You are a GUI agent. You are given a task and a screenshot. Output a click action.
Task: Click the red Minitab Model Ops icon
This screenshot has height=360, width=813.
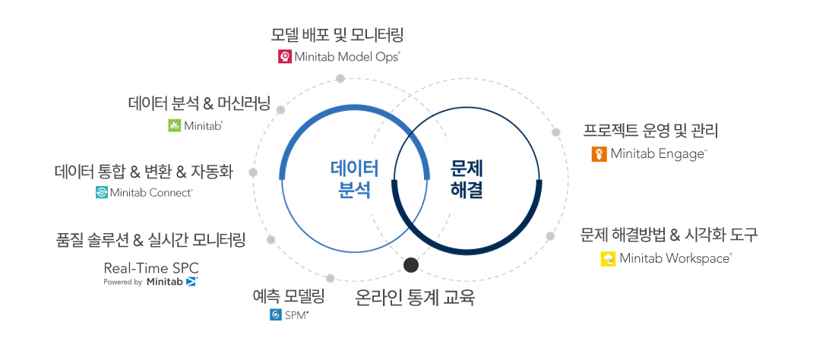tap(285, 56)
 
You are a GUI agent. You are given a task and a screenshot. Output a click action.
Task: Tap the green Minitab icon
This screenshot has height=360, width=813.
tap(174, 125)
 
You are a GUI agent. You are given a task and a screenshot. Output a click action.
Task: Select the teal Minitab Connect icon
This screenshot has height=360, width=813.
tap(102, 193)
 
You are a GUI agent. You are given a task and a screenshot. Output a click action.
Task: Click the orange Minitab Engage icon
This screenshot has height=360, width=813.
tap(599, 154)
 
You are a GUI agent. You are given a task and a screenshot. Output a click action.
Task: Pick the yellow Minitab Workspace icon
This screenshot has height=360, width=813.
tap(608, 259)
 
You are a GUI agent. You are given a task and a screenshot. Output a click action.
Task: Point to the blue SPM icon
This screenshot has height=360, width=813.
tap(276, 314)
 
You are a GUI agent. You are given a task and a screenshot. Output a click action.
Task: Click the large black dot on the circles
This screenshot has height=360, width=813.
tap(411, 265)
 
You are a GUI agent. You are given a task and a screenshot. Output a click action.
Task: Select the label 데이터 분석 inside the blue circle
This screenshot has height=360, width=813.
tap(355, 179)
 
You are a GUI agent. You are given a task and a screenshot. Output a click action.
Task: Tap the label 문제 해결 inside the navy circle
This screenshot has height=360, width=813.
tap(467, 179)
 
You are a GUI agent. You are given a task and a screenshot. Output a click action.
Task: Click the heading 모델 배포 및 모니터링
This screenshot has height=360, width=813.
tap(337, 34)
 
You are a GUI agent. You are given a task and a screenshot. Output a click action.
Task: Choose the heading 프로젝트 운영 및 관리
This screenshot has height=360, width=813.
tap(650, 130)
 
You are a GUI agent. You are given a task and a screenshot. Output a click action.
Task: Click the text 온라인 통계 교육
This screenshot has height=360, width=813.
tap(415, 297)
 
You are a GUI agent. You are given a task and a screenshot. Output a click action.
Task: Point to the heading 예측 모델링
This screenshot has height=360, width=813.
tap(289, 295)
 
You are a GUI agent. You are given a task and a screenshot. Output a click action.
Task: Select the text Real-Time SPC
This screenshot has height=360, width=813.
tap(151, 268)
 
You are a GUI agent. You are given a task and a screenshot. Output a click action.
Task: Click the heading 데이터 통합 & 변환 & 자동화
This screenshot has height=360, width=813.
tap(144, 172)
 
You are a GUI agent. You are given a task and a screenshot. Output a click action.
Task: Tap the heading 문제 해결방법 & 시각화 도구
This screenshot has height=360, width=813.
tap(669, 235)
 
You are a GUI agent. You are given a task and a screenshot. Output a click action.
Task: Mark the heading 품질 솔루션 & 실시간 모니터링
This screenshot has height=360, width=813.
tap(151, 241)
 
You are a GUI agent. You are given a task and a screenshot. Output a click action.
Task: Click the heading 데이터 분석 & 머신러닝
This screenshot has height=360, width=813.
tap(199, 103)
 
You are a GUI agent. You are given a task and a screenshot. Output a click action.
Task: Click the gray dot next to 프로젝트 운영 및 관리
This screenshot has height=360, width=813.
tap(556, 132)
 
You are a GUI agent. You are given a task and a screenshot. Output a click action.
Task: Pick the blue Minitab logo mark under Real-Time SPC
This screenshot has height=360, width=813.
tap(191, 282)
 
